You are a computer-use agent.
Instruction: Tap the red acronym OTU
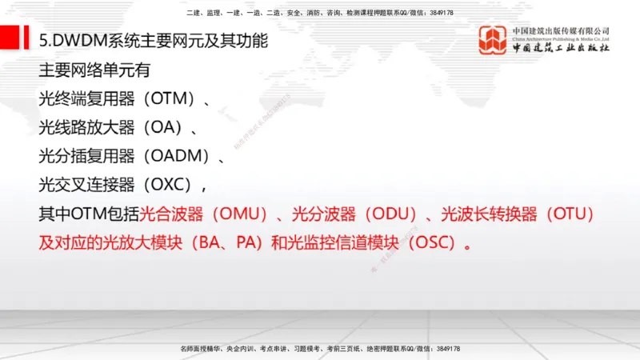569,214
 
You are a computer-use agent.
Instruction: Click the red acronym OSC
434,242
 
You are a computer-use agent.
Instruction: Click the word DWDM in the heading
78,39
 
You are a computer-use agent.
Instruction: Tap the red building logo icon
493,41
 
